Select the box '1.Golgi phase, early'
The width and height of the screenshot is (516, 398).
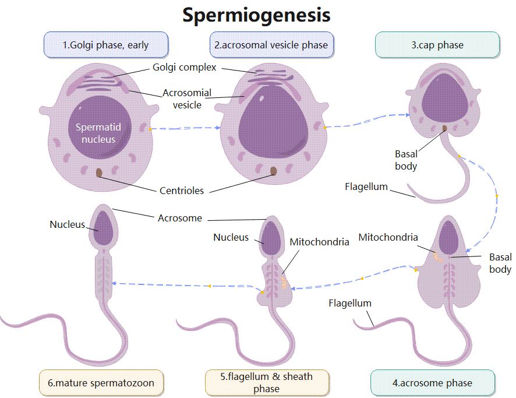coord(106,45)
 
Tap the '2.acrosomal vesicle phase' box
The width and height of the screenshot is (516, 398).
coord(271,45)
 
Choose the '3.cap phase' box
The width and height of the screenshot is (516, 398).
coord(437,45)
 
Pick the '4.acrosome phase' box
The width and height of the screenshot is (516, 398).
coord(432,383)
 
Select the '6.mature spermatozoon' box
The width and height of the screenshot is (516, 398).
coord(101,383)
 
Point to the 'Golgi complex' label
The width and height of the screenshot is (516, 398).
coord(185,67)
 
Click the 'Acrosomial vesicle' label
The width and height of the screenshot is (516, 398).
coord(186,98)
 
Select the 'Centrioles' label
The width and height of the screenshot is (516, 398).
coord(182,191)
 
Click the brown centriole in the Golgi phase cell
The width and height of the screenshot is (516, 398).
coord(99,172)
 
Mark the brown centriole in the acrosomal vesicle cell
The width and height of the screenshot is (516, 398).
coord(273,171)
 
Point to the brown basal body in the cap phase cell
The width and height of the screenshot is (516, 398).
coord(446,129)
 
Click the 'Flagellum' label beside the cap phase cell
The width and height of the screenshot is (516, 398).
coord(366,187)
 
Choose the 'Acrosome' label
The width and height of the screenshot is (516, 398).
coord(180,218)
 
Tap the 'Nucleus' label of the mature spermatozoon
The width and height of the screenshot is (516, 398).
coord(67,224)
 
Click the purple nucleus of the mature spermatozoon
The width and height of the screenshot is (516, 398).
coord(105,229)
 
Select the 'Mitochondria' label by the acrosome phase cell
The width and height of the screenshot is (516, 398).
coord(388,237)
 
